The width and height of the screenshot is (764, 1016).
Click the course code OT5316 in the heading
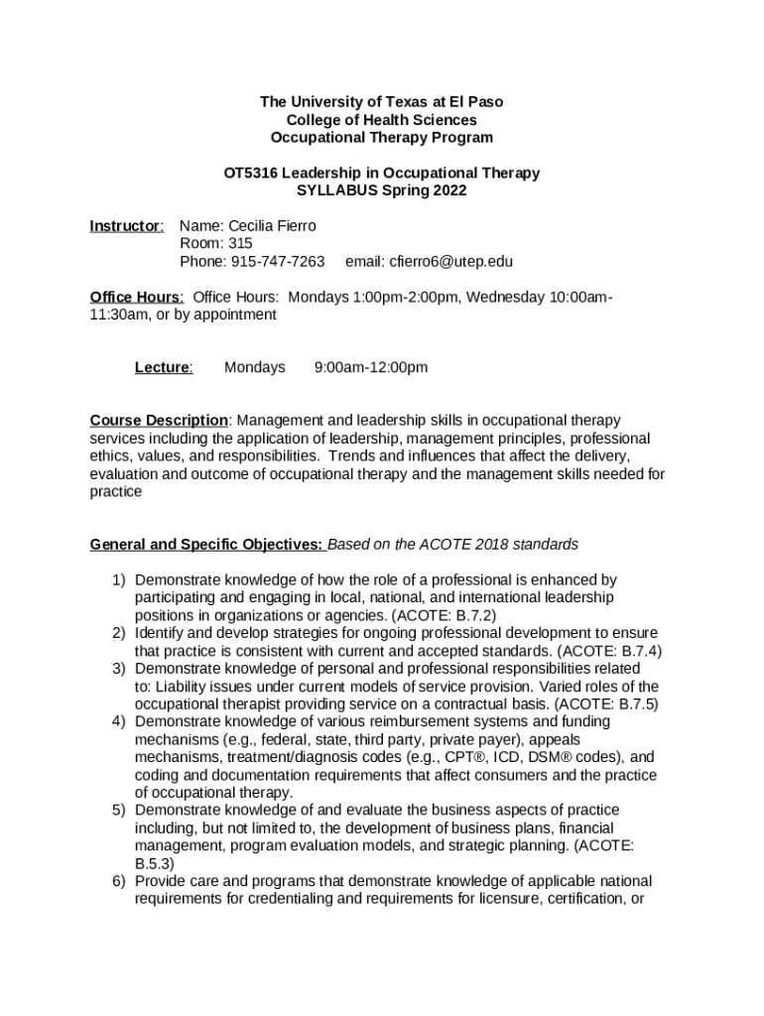[x=250, y=173]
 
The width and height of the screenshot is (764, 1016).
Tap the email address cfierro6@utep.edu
[x=429, y=262]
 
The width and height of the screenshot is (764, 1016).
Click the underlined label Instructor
[x=126, y=226]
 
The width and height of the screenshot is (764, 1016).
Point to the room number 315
[x=239, y=244]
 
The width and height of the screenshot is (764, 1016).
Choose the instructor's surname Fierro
[x=295, y=226]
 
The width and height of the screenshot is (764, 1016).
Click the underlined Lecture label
[x=163, y=367]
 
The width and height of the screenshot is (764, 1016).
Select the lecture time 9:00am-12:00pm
[x=371, y=367]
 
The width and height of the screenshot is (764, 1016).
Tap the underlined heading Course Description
[x=159, y=421]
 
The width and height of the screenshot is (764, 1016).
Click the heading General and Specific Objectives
[x=206, y=545]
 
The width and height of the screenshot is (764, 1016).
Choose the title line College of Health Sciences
[x=382, y=120]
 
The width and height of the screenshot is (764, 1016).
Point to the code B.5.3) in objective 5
[x=155, y=863]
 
